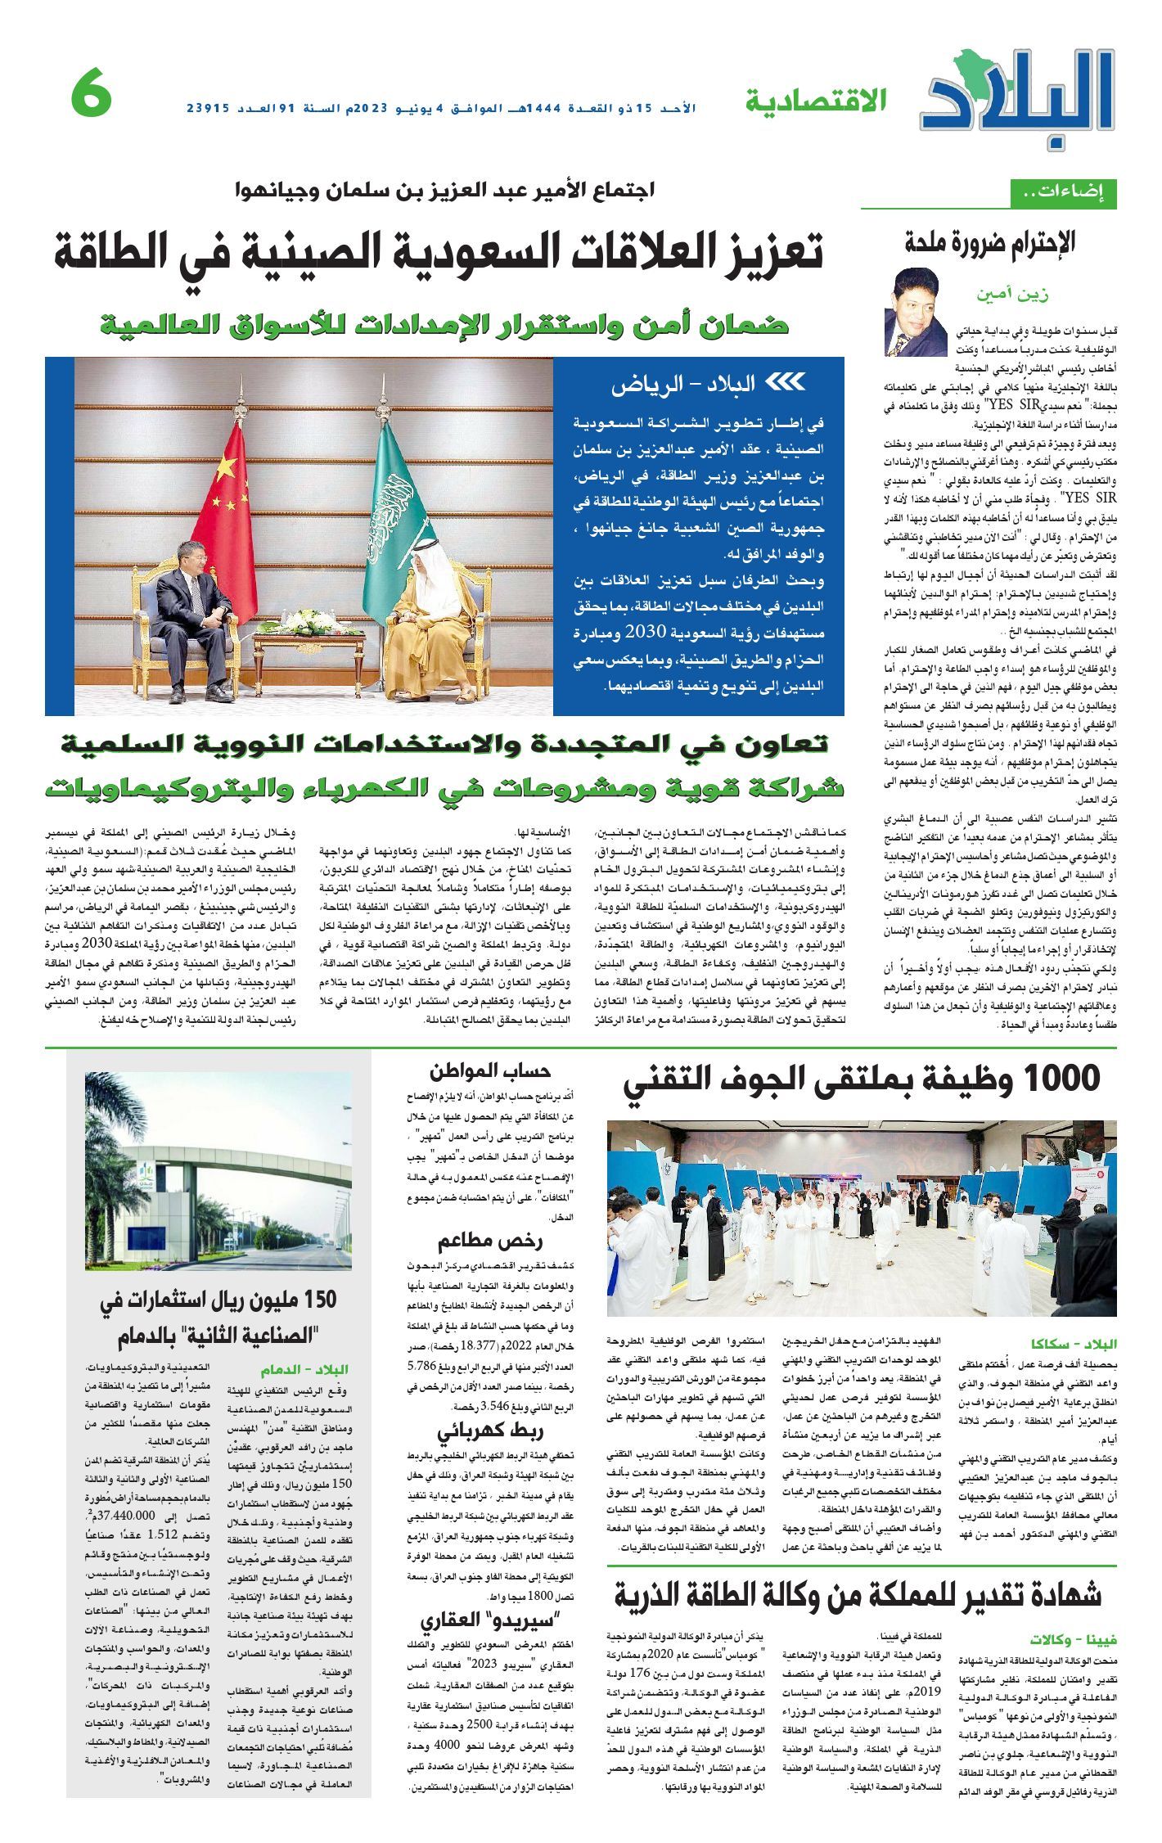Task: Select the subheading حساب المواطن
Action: tap(489, 1071)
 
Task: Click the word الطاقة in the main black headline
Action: tap(117, 253)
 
